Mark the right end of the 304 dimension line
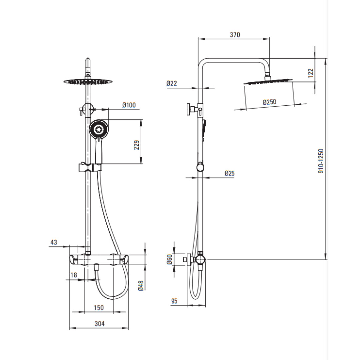point(128,328)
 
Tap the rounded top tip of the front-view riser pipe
point(88,58)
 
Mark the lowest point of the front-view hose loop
point(113,298)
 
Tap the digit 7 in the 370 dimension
point(235,35)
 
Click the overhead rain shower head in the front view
point(88,82)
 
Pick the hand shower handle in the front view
point(98,150)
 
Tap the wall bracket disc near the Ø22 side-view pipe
point(189,109)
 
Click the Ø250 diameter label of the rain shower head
point(269,102)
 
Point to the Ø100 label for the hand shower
point(129,105)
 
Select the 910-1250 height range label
point(321,161)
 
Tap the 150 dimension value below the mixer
point(99,308)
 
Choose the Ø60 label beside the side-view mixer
point(169,259)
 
